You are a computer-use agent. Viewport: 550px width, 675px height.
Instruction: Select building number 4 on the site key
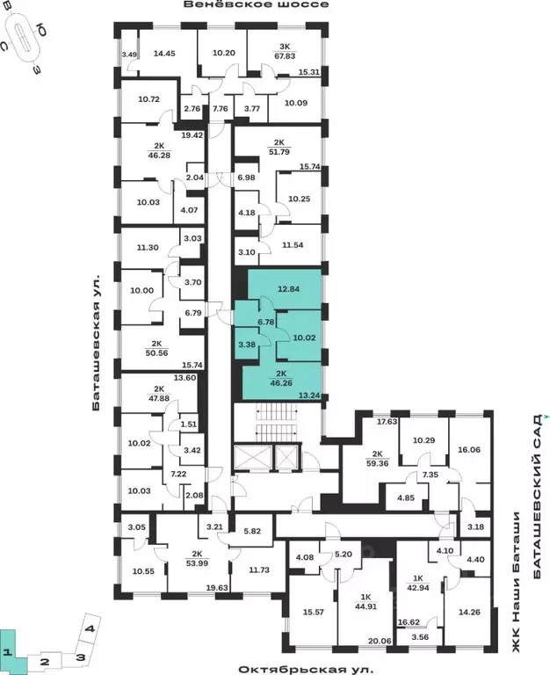tap(90, 628)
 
